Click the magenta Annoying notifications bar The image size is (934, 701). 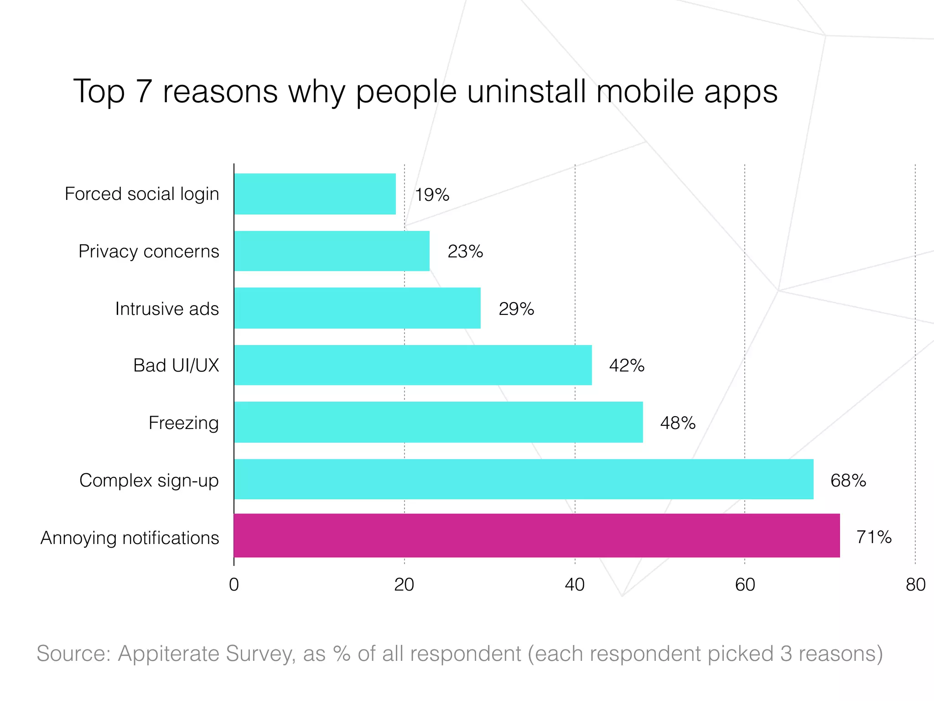pos(536,535)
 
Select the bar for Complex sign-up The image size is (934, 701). pos(524,479)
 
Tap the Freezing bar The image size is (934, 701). pos(438,422)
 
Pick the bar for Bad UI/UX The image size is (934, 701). pos(413,365)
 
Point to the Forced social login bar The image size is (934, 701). pos(315,194)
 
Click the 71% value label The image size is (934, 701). pos(873,537)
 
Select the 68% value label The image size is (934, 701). pos(848,481)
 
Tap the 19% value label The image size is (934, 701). pos(431,195)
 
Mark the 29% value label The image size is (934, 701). pos(516,309)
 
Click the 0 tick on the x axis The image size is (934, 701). pos(234,585)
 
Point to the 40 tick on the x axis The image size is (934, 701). pos(574,585)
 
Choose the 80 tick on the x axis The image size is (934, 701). pos(915,585)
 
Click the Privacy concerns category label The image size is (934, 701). pos(149,251)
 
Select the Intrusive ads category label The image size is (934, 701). pos(167,309)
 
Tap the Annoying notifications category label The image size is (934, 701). pos(130,538)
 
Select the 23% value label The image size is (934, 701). pos(465,251)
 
